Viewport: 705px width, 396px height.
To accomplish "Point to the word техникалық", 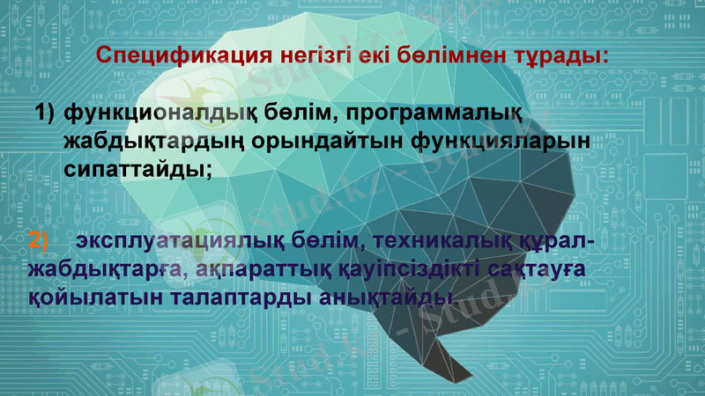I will pos(440,241).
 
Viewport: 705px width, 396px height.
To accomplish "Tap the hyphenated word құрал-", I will pos(554,241).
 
